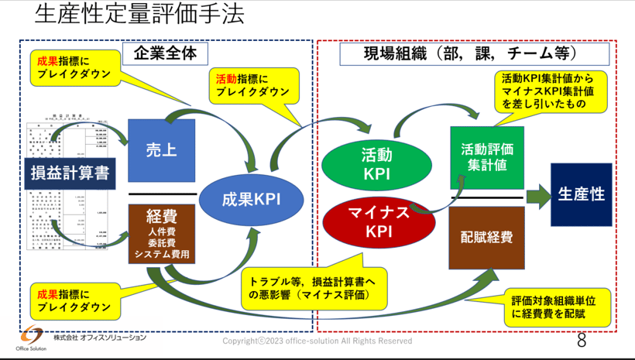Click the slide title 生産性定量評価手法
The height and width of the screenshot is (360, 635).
tap(139, 15)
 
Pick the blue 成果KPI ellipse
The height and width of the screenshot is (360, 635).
tap(250, 198)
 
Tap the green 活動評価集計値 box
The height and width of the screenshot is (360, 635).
tap(487, 157)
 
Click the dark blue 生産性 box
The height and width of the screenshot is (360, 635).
tap(581, 194)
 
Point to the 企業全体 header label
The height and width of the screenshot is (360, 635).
tap(162, 53)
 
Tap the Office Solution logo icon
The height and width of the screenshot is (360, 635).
tap(32, 338)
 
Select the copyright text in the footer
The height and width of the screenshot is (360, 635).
tap(317, 341)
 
